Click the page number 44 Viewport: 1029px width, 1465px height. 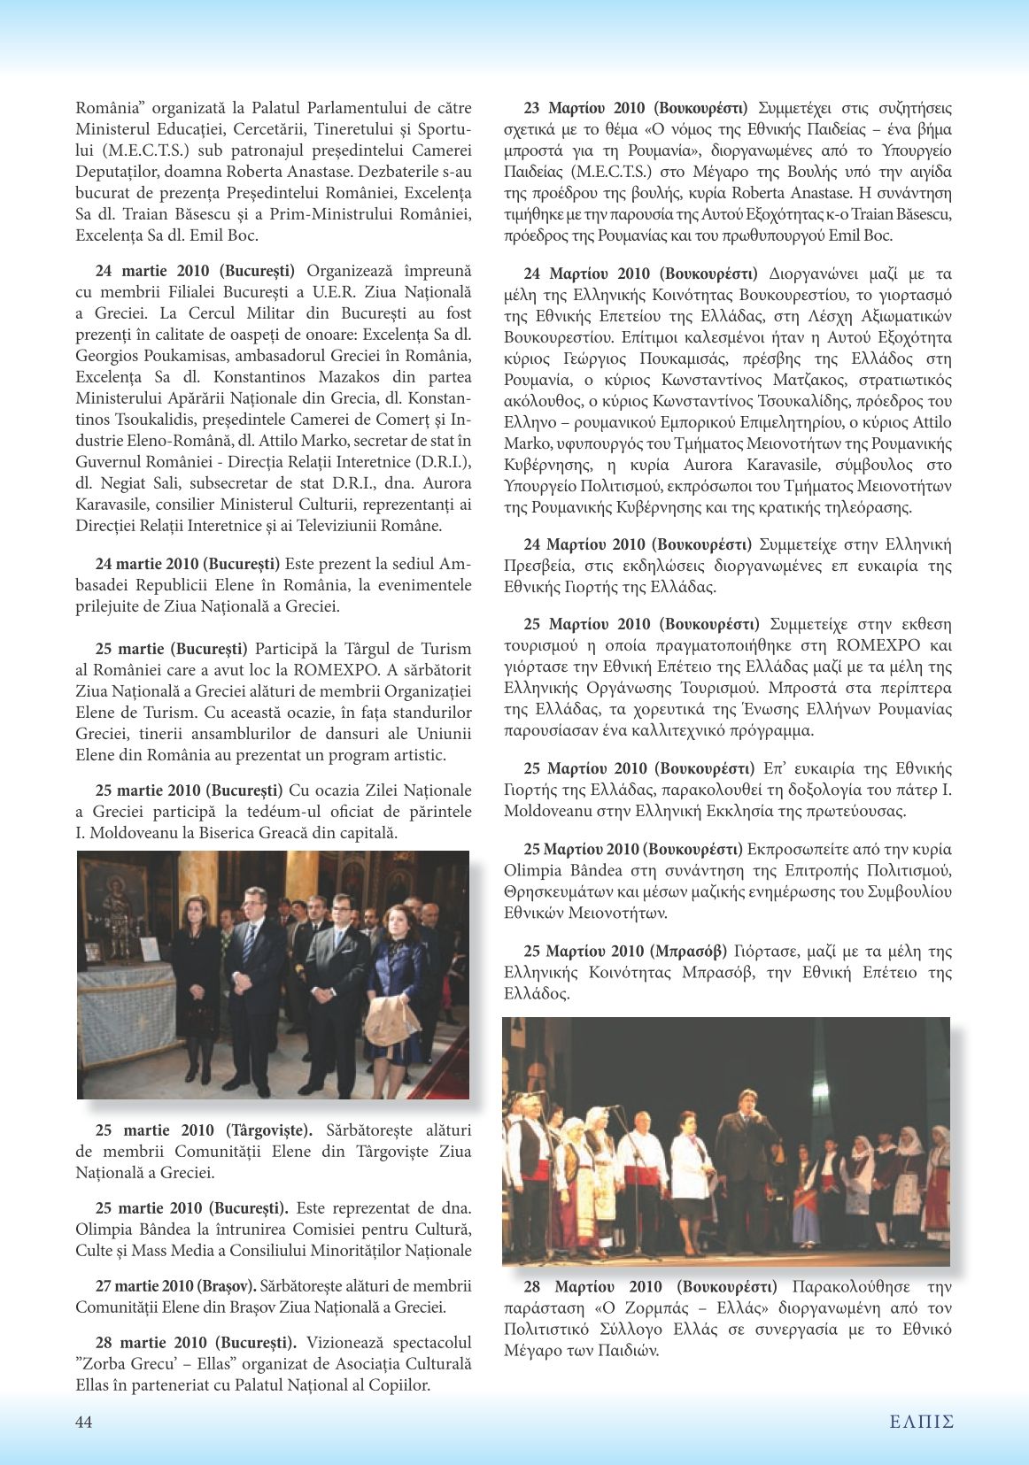(84, 1422)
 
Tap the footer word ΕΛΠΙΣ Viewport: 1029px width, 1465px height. (921, 1422)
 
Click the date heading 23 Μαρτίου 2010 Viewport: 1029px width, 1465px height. (584, 108)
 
